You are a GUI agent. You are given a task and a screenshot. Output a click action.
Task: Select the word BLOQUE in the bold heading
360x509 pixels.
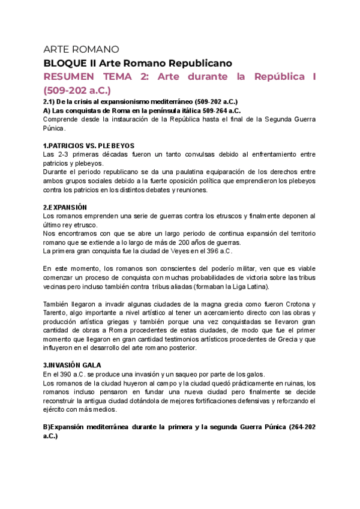tap(62, 63)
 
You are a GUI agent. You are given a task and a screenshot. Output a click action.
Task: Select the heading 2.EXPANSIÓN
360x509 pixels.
tap(65, 207)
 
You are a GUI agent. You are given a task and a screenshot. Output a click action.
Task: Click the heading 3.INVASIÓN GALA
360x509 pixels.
tap(73, 364)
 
